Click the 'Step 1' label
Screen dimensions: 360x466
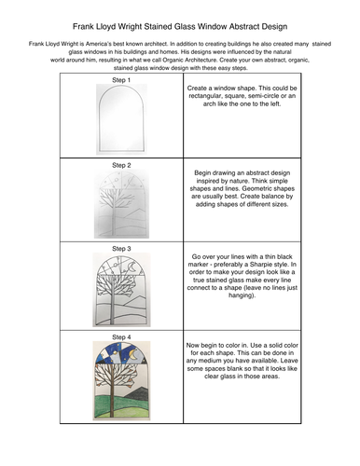click(x=121, y=80)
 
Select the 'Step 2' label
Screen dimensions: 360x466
click(x=121, y=165)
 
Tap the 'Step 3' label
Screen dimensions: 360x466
click(x=121, y=249)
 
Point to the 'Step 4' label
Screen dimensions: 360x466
click(x=121, y=337)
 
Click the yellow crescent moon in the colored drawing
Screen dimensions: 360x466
click(x=133, y=354)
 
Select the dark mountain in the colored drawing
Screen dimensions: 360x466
click(x=137, y=394)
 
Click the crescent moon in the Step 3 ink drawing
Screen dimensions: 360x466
click(x=132, y=267)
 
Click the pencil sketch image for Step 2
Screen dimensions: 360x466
click(x=121, y=204)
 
